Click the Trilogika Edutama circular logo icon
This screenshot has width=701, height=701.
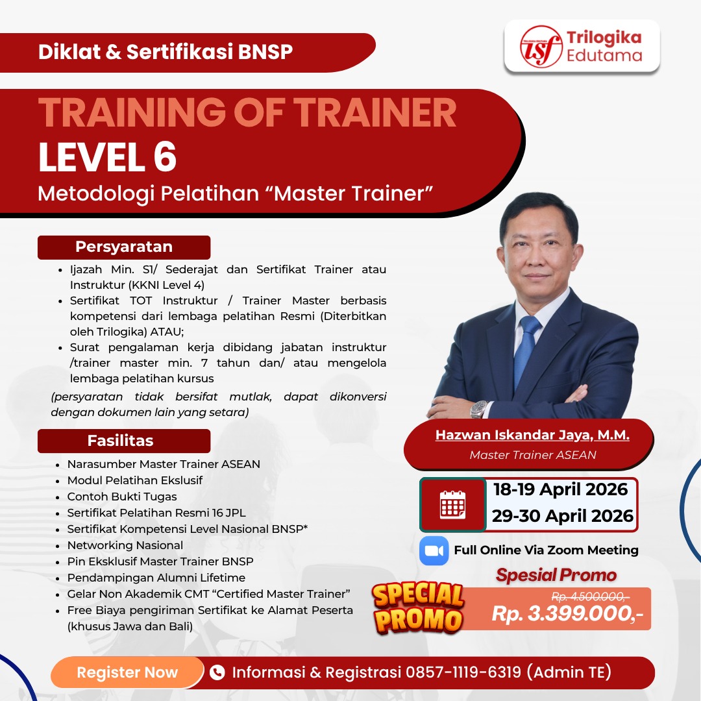click(541, 47)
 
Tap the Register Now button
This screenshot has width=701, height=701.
click(127, 672)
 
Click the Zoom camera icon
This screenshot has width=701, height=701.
click(434, 550)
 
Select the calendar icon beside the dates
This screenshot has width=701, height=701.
click(452, 504)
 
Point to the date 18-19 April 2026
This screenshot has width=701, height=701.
click(561, 489)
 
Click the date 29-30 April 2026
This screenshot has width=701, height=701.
click(562, 516)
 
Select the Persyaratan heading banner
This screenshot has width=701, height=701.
click(124, 247)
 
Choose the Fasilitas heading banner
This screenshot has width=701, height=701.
click(124, 441)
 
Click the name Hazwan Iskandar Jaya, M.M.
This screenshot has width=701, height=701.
click(532, 435)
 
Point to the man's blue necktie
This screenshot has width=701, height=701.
click(527, 350)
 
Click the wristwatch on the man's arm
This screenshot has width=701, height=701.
click(478, 408)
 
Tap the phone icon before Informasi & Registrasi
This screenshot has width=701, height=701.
click(217, 672)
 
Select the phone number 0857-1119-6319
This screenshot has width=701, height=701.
click(463, 672)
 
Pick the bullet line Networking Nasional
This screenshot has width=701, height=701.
click(125, 545)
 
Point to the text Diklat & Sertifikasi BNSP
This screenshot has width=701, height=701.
click(166, 52)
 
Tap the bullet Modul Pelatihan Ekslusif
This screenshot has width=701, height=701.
click(135, 480)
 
